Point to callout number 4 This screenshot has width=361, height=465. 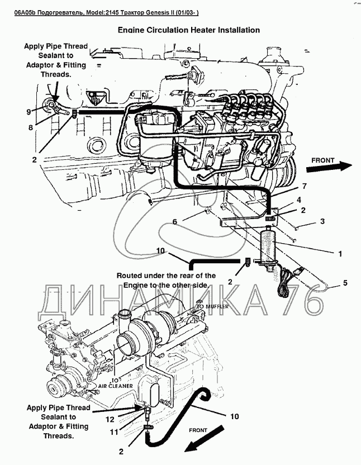(300, 200)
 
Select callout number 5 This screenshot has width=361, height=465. (345, 283)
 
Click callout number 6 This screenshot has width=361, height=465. (174, 222)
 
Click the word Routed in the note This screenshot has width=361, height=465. (131, 276)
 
